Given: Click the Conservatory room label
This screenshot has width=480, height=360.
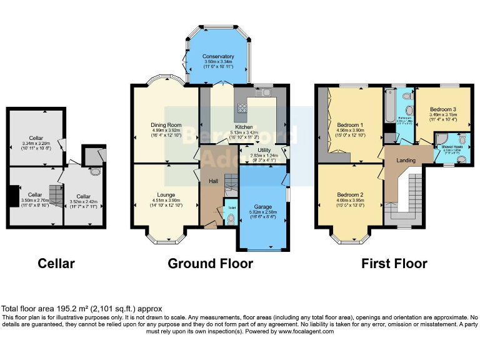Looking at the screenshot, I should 218,57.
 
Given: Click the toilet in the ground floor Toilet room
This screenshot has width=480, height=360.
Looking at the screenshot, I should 231,218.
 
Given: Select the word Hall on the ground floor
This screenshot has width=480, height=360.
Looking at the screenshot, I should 213,181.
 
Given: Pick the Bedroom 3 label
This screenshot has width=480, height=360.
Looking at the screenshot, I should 442,109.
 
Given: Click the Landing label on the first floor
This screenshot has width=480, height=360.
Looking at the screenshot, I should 406,161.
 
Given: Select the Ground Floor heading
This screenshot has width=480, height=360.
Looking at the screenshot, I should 210,264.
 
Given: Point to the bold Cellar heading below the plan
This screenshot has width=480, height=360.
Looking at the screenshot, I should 56,264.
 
